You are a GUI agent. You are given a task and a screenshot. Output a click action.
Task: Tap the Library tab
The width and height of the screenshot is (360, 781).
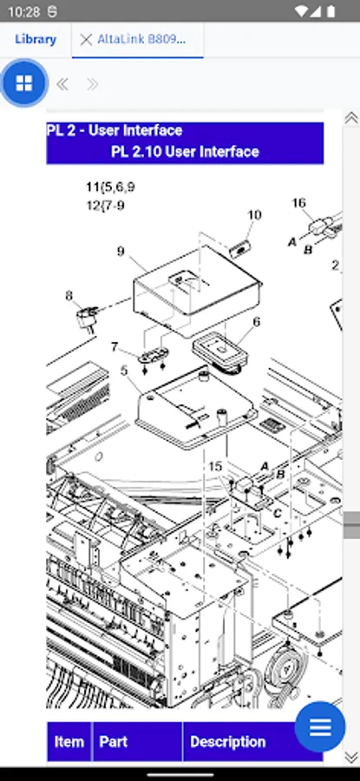pos(36,39)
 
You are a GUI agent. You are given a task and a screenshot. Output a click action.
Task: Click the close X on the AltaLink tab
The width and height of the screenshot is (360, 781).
pos(86,40)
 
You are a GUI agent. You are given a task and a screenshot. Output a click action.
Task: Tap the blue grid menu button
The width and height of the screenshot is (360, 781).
pos(24,83)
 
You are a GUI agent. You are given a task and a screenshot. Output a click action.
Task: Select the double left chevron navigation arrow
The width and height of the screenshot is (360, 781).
pos(62,84)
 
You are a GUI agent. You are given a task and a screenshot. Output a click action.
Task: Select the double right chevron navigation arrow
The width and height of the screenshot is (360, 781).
pos(92,84)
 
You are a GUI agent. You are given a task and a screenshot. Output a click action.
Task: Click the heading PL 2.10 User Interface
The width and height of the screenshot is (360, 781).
pos(185,151)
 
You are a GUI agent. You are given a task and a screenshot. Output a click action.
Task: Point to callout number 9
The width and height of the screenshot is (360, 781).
pos(121,251)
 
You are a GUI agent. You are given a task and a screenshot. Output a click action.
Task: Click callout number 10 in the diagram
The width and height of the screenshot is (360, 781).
pos(254,214)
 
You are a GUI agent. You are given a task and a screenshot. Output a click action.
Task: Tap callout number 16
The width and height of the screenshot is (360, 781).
pos(298,203)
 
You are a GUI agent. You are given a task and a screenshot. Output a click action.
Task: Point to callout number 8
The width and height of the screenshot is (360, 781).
pos(69,296)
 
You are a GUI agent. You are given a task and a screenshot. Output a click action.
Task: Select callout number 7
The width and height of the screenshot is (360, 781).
pos(115,346)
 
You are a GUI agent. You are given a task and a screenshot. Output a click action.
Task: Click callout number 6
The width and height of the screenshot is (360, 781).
pos(256,322)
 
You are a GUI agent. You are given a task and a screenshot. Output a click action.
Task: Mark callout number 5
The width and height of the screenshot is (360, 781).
pos(124,371)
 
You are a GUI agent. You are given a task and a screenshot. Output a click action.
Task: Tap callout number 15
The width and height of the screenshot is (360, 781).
pos(215,467)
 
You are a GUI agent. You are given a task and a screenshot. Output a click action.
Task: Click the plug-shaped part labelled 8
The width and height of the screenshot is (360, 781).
pos(87,318)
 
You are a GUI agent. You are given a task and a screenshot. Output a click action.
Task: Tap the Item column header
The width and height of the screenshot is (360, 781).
pos(69,742)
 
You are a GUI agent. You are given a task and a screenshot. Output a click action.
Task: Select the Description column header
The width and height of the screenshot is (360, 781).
pos(227,742)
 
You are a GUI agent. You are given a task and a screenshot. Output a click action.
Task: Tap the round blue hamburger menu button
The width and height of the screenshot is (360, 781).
pos(320,726)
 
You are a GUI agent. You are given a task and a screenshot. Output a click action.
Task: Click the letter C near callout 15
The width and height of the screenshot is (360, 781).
pos(278,514)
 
